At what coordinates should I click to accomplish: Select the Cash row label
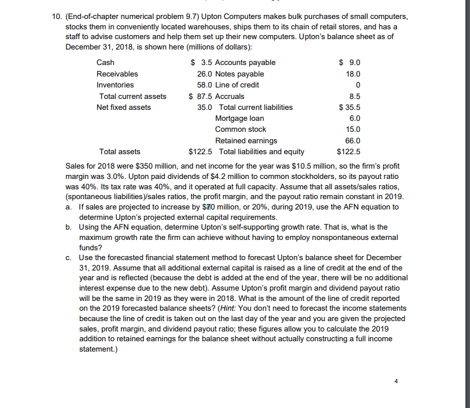[x=105, y=62]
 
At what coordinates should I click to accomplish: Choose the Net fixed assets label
[x=124, y=107]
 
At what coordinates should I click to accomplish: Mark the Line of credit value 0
[x=358, y=85]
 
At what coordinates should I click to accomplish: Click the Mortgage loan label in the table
[x=239, y=118]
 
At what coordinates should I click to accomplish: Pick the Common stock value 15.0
[x=354, y=129]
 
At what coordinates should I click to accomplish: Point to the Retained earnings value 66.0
[x=354, y=140]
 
